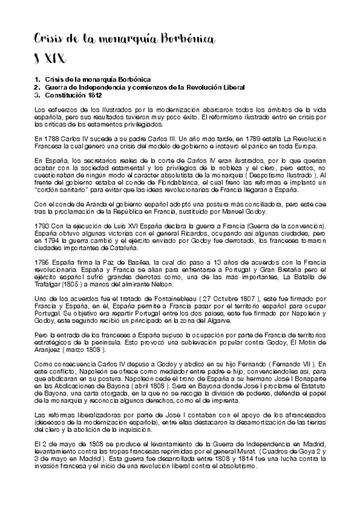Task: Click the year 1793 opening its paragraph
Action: tap(42, 224)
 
